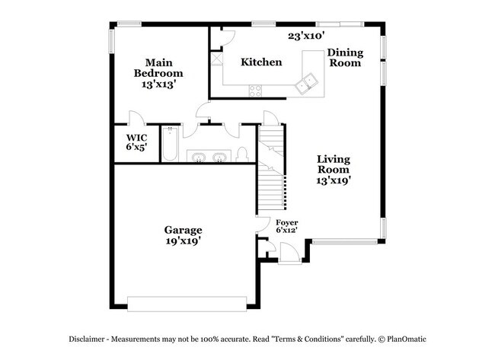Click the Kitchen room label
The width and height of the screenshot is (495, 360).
[x=261, y=62]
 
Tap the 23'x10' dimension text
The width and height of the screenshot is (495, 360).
[x=306, y=35]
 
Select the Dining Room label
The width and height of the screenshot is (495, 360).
[x=345, y=59]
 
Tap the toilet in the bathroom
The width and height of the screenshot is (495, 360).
[x=241, y=154]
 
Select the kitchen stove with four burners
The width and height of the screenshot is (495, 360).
[x=256, y=91]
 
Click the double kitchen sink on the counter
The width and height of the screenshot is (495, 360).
[x=308, y=84]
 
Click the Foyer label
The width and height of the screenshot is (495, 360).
[x=286, y=222]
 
